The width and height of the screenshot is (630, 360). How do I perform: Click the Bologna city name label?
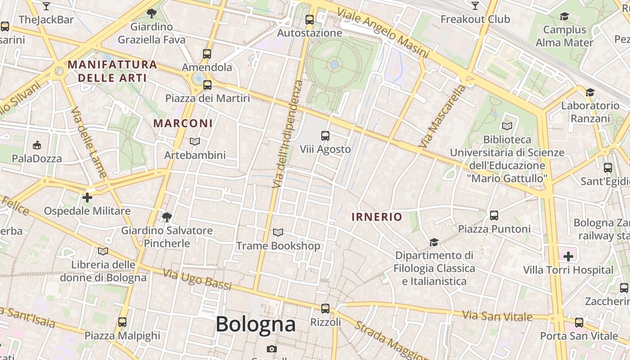[x=256, y=324]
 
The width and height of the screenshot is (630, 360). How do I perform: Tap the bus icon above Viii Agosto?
[x=325, y=135]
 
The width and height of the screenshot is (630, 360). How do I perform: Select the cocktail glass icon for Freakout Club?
[x=475, y=5]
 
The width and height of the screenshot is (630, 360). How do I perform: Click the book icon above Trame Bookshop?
[x=278, y=232]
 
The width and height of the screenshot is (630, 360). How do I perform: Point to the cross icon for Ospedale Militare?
[x=87, y=197]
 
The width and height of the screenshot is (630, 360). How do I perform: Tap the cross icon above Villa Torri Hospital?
[x=568, y=256]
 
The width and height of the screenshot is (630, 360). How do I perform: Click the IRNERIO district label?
[x=377, y=217]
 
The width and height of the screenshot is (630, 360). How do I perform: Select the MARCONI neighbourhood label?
[x=183, y=123]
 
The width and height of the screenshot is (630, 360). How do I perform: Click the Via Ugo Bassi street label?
[x=197, y=279]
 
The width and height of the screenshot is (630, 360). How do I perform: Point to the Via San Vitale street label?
[x=497, y=316]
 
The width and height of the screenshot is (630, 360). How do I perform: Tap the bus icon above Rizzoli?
[x=325, y=309]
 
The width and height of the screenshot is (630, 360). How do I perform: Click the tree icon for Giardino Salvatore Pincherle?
[x=166, y=217]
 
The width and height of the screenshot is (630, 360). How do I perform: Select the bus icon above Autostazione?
[x=309, y=19]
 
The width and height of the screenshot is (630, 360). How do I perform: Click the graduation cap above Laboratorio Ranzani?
[x=589, y=92]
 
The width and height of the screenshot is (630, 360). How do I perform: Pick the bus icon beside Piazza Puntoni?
[x=494, y=216]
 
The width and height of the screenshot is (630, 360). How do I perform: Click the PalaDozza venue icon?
[x=37, y=145]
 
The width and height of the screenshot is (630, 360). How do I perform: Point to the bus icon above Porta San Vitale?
[x=579, y=323]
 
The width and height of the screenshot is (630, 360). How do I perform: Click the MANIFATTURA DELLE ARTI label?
[x=112, y=71]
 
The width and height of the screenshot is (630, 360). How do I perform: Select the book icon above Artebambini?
[x=194, y=142]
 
